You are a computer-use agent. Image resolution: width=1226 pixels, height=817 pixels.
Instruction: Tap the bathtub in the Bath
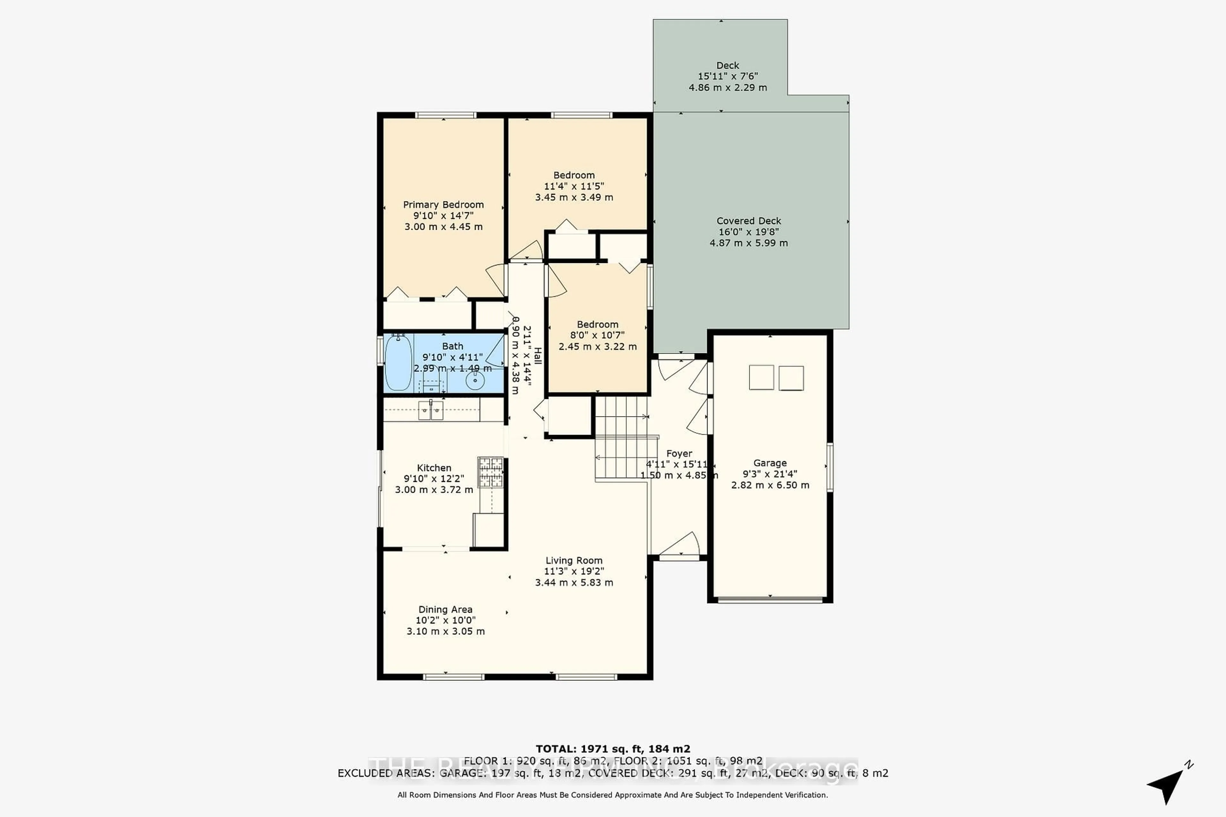(x=398, y=363)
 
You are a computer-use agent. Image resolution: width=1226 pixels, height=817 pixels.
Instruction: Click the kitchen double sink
(x=431, y=410)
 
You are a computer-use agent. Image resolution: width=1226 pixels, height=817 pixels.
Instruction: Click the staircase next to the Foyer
(x=621, y=438)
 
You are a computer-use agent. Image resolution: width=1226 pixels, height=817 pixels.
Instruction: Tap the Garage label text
(x=769, y=463)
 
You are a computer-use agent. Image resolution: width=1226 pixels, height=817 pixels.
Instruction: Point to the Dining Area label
(x=445, y=609)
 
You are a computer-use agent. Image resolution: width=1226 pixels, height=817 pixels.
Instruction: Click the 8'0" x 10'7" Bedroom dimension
(x=597, y=335)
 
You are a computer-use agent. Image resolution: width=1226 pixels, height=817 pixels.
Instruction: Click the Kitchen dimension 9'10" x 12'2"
(x=434, y=479)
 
